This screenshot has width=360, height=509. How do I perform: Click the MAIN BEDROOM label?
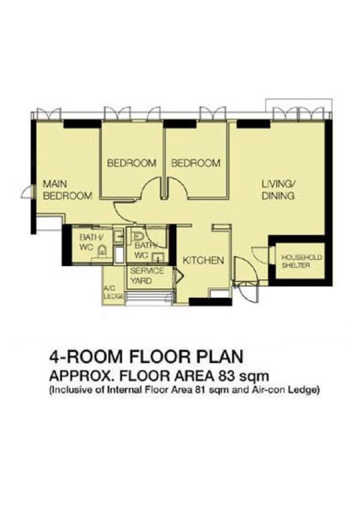coord(67,190)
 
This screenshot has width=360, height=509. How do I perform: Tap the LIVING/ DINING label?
coord(278,190)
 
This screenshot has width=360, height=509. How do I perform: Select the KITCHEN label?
coord(202,260)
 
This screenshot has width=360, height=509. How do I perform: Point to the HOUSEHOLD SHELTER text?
coord(295,261)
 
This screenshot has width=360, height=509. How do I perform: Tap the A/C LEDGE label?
coord(110,293)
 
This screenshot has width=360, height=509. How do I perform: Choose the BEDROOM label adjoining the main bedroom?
coord(131,163)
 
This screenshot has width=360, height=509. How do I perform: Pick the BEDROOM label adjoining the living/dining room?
coord(196,163)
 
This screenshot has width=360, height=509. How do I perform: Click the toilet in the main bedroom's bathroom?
coord(103,251)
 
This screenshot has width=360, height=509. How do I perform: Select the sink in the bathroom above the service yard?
coord(157,257)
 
